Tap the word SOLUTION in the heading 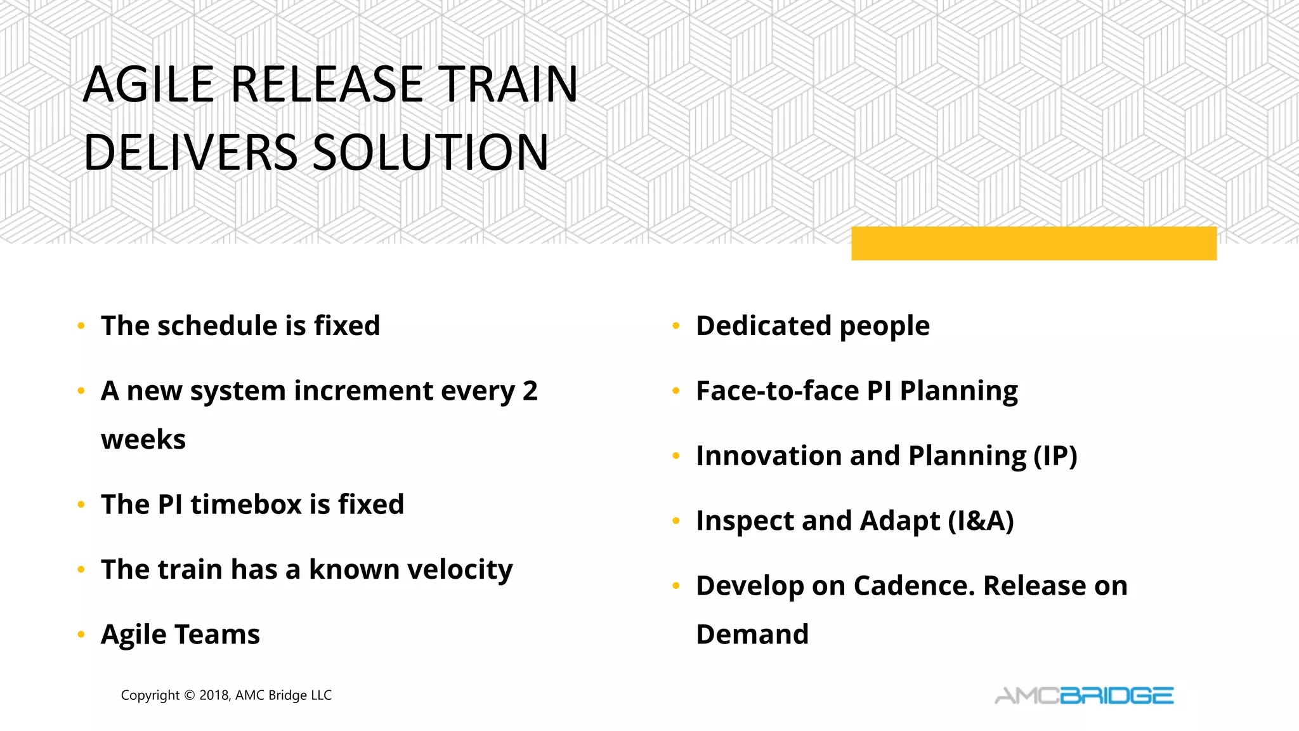(x=430, y=153)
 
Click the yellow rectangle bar (x=1033, y=243)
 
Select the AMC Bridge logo (x=1084, y=695)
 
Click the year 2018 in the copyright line (x=214, y=695)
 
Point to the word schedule (x=218, y=326)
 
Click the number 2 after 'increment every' (x=530, y=391)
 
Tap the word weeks (x=143, y=440)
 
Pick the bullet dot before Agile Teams (x=81, y=635)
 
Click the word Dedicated (x=764, y=326)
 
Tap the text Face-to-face (x=777, y=391)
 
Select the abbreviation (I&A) (x=981, y=521)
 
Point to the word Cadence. (x=913, y=586)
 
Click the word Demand (x=752, y=635)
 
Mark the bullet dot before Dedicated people (x=676, y=326)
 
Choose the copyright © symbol (x=189, y=695)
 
